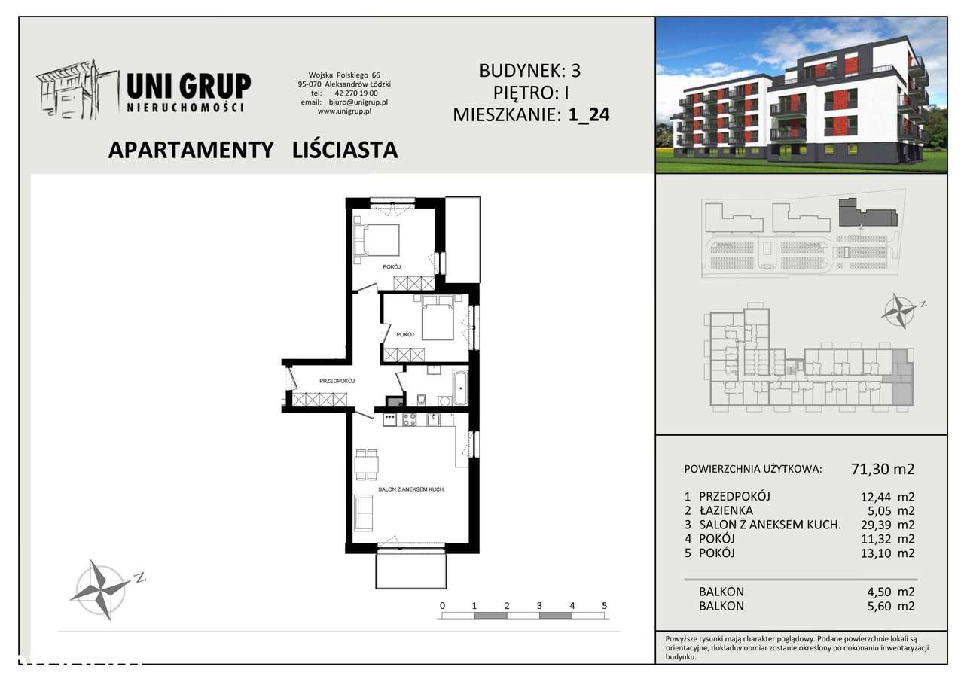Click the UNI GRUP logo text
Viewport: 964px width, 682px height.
(x=189, y=86)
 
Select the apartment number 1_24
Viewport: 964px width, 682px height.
(x=590, y=115)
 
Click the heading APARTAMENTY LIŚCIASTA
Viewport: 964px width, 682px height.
(x=253, y=150)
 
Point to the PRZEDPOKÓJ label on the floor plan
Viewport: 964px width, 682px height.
(x=337, y=381)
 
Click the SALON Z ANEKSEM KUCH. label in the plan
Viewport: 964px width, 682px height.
(x=411, y=489)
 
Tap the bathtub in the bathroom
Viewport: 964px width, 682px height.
(x=459, y=388)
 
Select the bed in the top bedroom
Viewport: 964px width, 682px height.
(x=377, y=240)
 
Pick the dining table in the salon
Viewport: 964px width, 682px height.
(x=367, y=464)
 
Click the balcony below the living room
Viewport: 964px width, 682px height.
(x=410, y=570)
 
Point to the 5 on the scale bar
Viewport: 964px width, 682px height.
(x=605, y=605)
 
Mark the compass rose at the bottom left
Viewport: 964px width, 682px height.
(x=100, y=588)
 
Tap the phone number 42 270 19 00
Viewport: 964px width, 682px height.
(x=354, y=93)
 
